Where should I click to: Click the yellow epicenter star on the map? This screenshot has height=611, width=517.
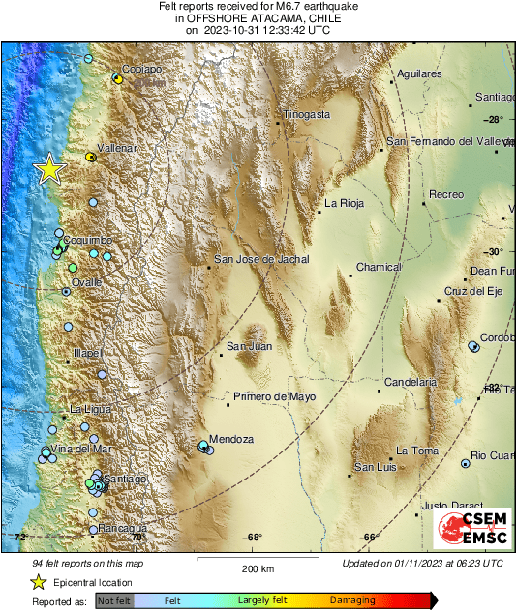click(x=48, y=169)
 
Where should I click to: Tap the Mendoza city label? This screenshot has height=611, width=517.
click(x=231, y=439)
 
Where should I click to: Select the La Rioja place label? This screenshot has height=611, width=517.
click(x=344, y=203)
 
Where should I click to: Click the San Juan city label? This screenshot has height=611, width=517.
click(x=249, y=346)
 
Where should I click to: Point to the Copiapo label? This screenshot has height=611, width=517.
click(x=141, y=70)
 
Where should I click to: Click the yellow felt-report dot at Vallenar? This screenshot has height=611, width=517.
click(x=90, y=156)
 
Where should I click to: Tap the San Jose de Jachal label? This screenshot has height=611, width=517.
click(x=261, y=259)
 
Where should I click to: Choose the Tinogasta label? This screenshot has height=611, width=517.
click(x=307, y=114)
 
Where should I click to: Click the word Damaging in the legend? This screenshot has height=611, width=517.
click(x=347, y=600)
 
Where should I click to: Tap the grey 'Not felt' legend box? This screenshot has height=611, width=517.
click(x=114, y=600)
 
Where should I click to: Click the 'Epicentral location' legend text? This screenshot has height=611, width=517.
click(x=95, y=582)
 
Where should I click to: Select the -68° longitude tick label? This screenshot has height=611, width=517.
click(x=254, y=538)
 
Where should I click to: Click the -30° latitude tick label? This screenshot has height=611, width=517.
click(x=494, y=251)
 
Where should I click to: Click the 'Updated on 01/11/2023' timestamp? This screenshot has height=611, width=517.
click(x=422, y=563)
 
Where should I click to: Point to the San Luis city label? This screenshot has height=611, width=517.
click(x=376, y=468)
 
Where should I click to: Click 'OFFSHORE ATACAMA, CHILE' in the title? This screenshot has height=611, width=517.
click(x=258, y=18)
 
